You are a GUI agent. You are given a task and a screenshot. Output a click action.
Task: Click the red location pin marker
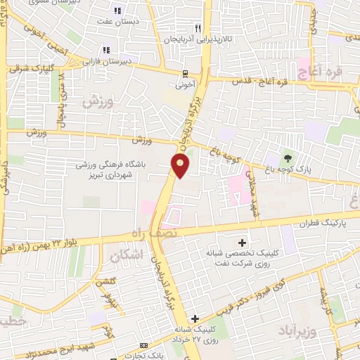(x=180, y=166)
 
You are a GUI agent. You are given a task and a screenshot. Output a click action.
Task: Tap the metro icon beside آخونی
(x=185, y=73)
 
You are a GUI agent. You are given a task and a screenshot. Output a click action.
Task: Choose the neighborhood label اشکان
(x=127, y=257)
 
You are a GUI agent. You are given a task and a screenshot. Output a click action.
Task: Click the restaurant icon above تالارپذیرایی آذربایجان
(x=198, y=28)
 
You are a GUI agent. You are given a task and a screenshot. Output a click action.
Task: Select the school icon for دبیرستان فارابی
(x=106, y=50)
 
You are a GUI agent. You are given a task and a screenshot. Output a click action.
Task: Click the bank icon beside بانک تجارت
(x=143, y=346)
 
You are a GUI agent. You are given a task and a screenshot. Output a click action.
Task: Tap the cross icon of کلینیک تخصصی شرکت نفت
(x=244, y=243)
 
